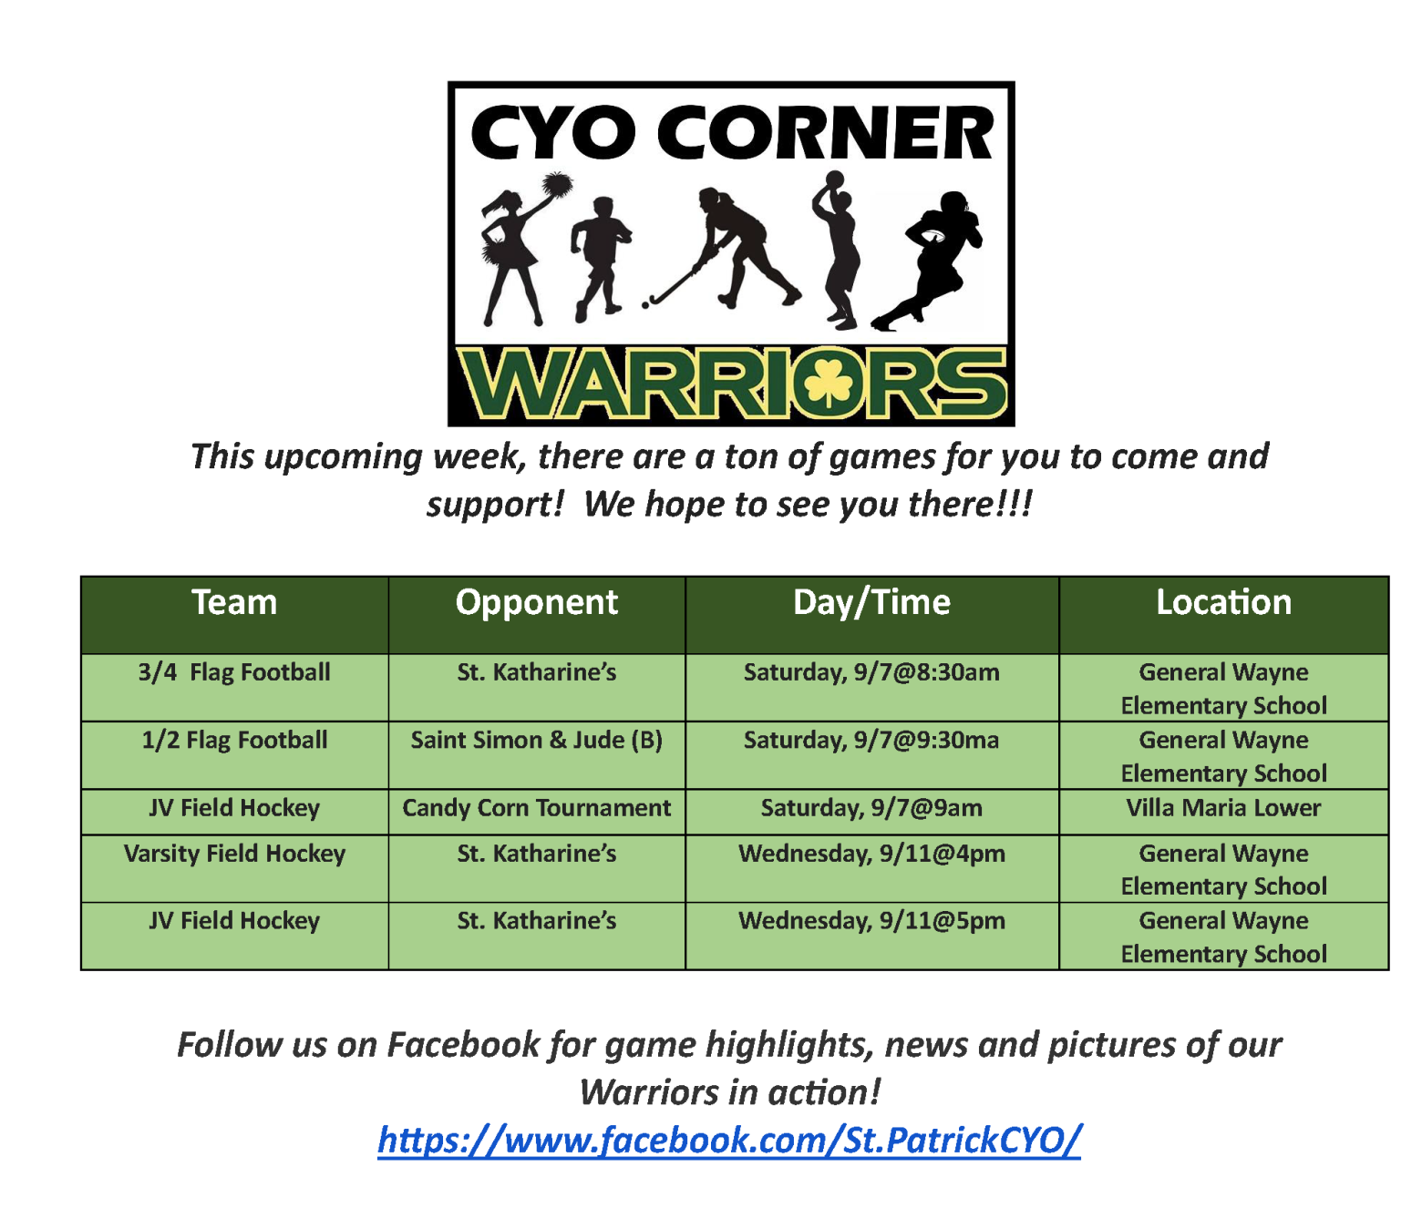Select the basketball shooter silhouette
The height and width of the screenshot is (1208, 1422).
coord(836,249)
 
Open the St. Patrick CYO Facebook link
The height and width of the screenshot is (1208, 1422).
coord(729,1140)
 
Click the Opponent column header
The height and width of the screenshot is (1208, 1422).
coord(537,602)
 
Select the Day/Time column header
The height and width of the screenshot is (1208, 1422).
coord(871,602)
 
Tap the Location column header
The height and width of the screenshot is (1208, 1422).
coord(1224,602)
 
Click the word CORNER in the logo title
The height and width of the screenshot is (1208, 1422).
coord(826,133)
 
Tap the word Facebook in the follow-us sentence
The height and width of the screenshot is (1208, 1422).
coord(464,1045)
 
